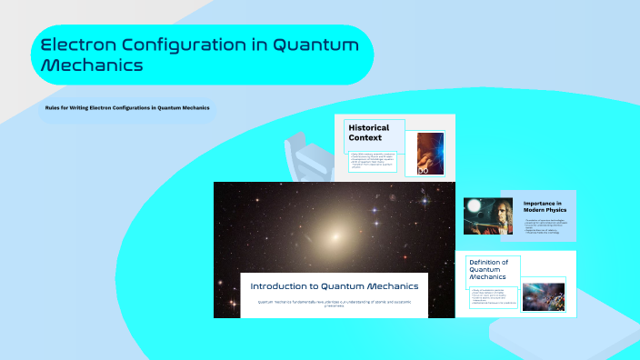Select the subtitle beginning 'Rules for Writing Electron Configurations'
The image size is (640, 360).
[127, 108]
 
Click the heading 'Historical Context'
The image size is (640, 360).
[368, 133]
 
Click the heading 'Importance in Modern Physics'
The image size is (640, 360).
[544, 208]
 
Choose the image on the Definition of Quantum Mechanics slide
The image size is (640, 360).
[544, 296]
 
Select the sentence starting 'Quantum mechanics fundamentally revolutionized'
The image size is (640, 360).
[334, 304]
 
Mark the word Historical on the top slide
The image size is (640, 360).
[368, 128]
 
